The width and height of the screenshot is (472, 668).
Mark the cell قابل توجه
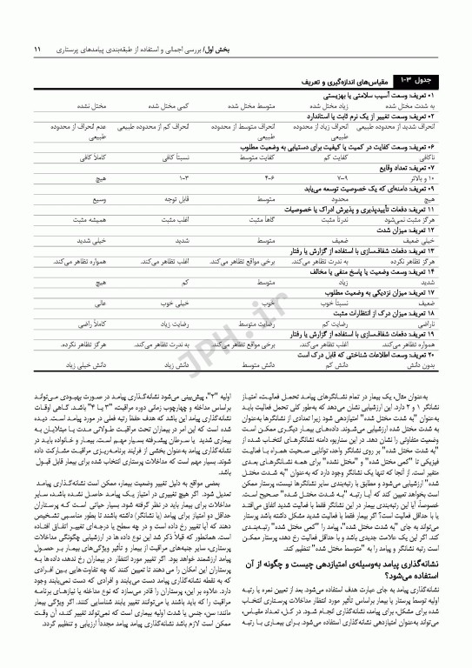point(176,198)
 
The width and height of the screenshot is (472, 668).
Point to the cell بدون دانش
point(420,368)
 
